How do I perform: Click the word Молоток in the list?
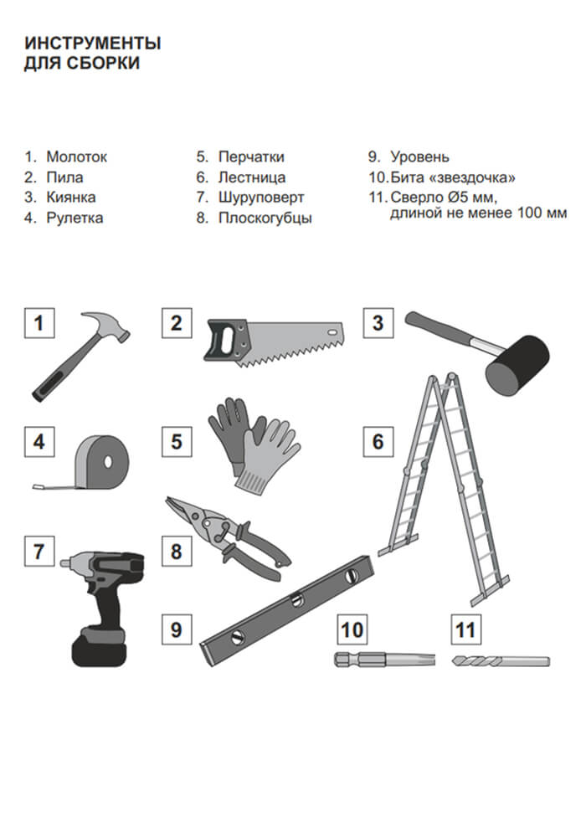coord(76,157)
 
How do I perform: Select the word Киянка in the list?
coord(71,197)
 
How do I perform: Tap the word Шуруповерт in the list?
coord(261,197)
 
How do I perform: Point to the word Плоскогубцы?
coord(265,218)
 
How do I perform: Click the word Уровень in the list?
coord(419,157)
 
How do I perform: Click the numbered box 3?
coord(378,323)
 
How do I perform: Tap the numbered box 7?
coord(39,552)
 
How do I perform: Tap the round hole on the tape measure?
coord(109,461)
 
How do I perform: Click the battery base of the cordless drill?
coord(100,648)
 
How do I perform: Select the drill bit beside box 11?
coord(501,661)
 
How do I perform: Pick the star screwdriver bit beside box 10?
coord(385,660)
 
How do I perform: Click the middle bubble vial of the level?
coord(296,599)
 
